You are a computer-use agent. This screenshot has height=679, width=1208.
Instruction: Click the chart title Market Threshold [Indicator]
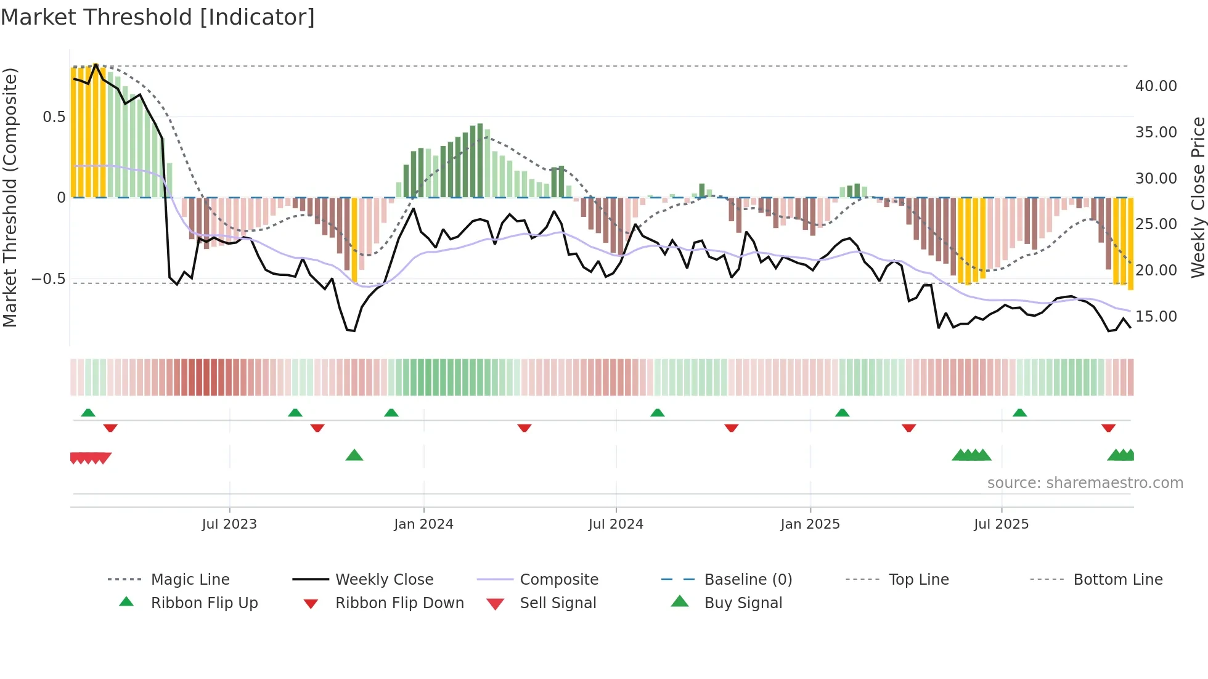point(158,17)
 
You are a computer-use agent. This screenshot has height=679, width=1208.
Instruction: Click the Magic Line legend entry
point(190,580)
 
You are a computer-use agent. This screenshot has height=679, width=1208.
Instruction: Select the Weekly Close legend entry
point(384,580)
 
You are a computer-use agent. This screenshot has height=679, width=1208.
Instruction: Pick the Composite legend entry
point(558,580)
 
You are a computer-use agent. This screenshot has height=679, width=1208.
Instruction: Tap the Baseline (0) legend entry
point(748,580)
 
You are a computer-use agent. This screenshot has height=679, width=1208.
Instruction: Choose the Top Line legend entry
point(918,580)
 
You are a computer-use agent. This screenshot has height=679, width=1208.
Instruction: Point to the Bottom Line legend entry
point(1117,580)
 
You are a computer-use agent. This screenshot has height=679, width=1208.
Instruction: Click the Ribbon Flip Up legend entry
point(204,603)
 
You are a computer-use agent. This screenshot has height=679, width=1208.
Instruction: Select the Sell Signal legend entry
point(558,603)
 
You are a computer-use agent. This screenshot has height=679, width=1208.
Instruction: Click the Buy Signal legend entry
point(743,603)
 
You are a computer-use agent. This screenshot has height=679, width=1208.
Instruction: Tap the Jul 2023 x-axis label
point(229,524)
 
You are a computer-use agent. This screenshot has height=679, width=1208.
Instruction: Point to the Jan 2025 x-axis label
point(810,524)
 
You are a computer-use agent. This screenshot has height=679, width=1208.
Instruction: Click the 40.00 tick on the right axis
point(1156,86)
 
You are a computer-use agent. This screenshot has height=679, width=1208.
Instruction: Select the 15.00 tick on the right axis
point(1156,317)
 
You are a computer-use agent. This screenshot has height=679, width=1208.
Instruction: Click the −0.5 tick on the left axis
point(48,279)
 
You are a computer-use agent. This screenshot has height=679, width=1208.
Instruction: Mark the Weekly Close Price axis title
point(1198,197)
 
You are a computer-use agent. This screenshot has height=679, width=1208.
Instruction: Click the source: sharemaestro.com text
point(1085,483)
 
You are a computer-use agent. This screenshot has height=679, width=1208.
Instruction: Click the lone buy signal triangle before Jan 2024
point(354,455)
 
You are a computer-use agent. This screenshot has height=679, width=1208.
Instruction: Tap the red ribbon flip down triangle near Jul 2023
point(317,428)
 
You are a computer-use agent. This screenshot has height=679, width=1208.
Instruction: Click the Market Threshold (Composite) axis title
point(10,197)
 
